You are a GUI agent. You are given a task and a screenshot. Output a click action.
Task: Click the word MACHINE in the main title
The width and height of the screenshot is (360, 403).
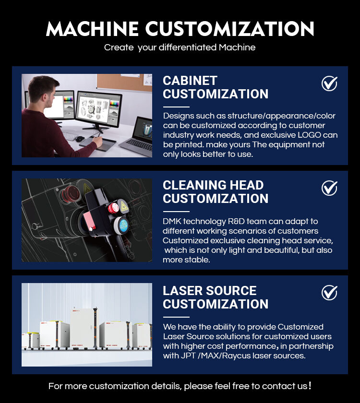[92, 28]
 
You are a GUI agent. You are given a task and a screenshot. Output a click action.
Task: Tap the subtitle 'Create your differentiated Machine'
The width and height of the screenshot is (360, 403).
[180, 47]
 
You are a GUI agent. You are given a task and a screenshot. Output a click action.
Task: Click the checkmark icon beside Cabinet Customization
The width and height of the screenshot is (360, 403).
[329, 83]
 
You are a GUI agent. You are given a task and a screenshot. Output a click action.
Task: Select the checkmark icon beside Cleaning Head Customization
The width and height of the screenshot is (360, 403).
[329, 188]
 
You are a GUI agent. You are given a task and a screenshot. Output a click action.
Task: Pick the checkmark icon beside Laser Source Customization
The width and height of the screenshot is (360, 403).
[329, 293]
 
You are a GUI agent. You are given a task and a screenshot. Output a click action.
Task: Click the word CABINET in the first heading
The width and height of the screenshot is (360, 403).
[190, 81]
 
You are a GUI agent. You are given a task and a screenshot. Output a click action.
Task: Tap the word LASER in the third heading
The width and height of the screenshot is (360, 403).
[182, 291]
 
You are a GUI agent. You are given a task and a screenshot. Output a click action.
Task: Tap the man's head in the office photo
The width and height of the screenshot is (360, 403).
[43, 91]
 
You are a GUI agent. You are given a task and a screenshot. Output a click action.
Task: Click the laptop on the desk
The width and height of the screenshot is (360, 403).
[137, 137]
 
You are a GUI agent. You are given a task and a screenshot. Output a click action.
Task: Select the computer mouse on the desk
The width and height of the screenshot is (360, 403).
[80, 139]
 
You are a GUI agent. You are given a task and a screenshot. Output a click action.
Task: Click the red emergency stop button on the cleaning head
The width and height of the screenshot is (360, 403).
[113, 207]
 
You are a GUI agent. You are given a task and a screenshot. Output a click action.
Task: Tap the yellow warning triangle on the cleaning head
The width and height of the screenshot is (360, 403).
[124, 206]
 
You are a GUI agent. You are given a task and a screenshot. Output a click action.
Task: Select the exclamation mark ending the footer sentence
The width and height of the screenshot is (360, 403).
[310, 385]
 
